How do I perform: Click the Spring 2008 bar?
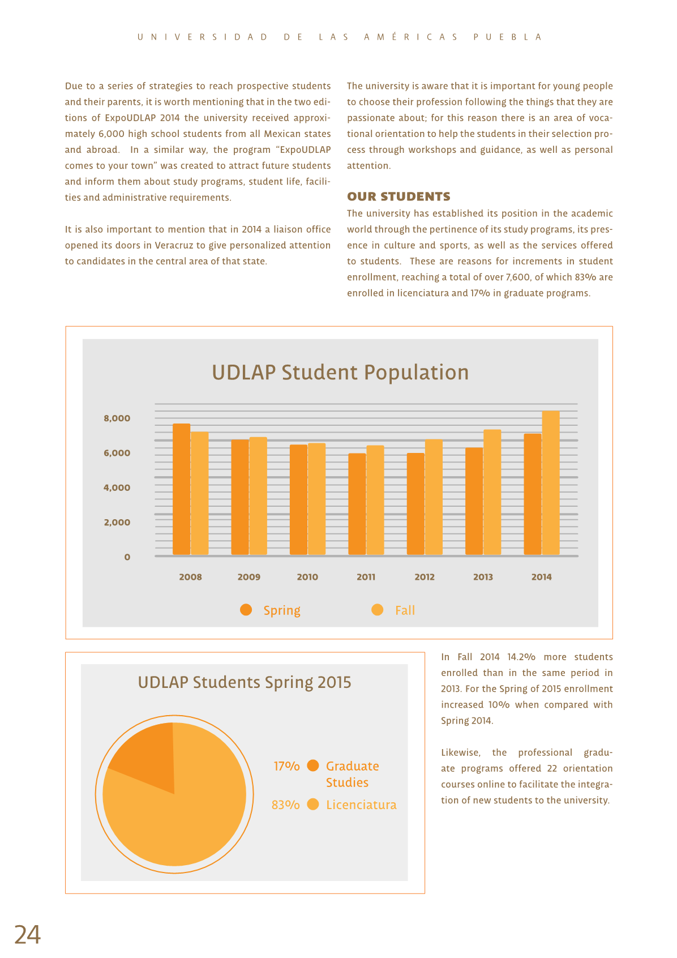coord(181,489)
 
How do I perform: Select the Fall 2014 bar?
coord(551,482)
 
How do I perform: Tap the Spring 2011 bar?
coord(357,504)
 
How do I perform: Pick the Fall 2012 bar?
coord(434,497)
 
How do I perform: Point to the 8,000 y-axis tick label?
coord(117,418)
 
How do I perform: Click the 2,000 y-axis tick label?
coord(117,522)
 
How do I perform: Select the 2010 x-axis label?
coord(307,577)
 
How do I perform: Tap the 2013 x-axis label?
coord(483,577)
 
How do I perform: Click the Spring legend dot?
coord(246,610)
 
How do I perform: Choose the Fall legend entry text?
coord(405,610)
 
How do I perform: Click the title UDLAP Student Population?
coord(340,372)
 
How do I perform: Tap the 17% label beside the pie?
coord(286,766)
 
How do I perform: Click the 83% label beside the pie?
coord(286,805)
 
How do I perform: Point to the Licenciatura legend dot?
coord(313,805)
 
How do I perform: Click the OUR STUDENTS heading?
coord(399,196)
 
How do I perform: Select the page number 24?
coord(28,934)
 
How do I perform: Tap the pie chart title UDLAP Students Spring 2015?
coord(244,683)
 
